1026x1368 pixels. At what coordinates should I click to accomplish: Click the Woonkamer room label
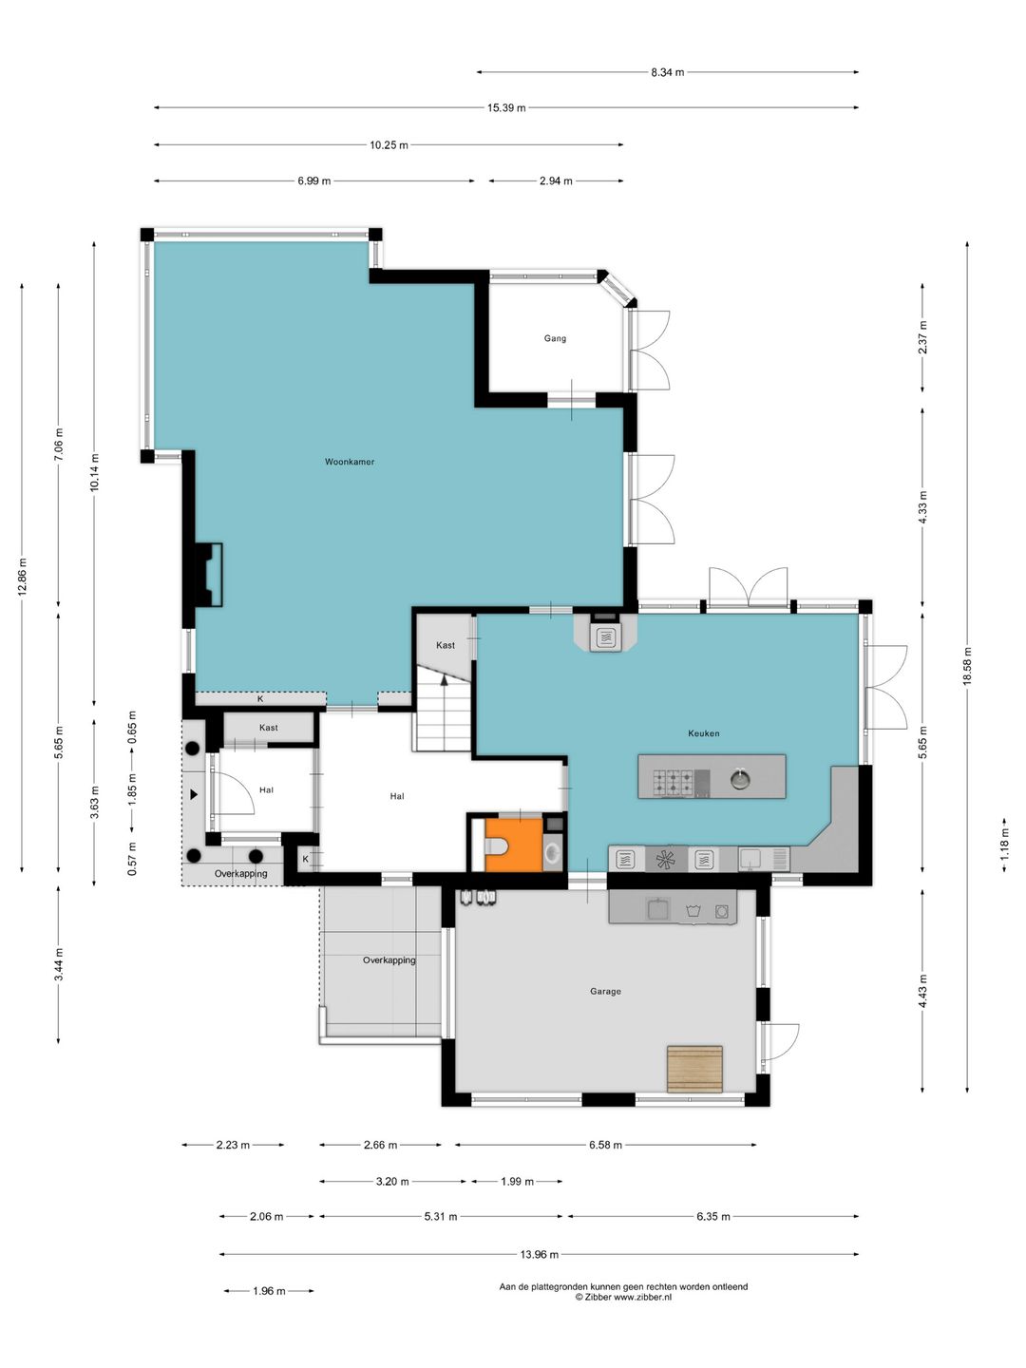tap(350, 462)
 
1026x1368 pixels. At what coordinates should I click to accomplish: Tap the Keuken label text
tap(703, 733)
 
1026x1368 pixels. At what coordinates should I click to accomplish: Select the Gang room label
tap(555, 338)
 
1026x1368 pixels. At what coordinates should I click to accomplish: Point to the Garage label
tap(605, 991)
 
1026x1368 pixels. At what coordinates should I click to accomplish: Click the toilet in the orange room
tap(496, 847)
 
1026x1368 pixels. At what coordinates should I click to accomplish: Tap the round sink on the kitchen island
tap(740, 779)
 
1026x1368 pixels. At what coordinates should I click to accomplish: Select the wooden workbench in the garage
tap(694, 1069)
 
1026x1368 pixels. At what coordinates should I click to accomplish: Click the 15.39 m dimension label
tap(506, 107)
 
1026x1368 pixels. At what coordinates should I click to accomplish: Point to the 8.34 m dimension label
tap(668, 72)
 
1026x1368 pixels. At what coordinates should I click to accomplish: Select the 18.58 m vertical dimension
tap(967, 667)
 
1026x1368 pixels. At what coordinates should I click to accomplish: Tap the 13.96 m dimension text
tap(540, 1255)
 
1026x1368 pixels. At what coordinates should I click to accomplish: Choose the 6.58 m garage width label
tap(606, 1145)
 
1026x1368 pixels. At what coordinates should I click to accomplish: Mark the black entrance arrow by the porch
tap(194, 794)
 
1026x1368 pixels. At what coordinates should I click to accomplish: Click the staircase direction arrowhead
tap(445, 680)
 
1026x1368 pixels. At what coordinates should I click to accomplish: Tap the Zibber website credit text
tap(623, 1298)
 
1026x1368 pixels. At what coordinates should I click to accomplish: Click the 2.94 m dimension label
tap(556, 181)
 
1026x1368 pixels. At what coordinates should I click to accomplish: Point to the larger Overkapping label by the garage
tap(389, 960)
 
